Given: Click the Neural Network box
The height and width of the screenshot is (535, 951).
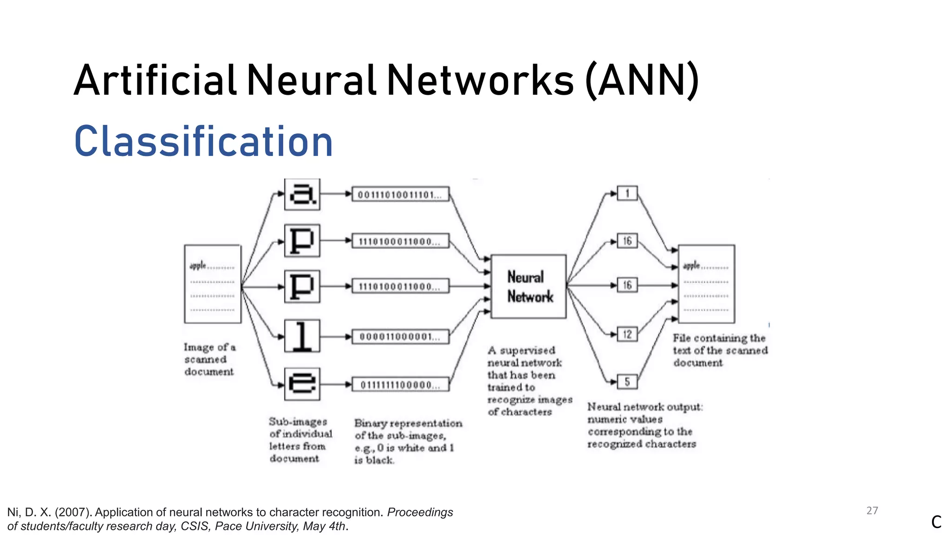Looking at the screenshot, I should tap(528, 286).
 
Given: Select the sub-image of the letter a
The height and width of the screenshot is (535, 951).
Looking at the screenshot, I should tap(302, 194).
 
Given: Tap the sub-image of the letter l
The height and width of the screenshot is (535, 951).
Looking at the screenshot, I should tap(302, 336).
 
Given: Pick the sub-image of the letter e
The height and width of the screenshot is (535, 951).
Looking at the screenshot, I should tap(302, 384).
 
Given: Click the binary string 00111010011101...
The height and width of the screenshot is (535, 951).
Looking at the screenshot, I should tap(400, 194).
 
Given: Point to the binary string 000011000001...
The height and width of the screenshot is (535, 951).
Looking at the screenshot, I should tap(400, 337).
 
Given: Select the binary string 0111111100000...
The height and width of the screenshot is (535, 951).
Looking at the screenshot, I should tap(400, 385).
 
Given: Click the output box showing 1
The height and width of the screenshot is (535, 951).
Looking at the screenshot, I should tap(627, 193).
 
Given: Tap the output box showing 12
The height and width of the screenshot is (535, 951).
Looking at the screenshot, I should tap(627, 334).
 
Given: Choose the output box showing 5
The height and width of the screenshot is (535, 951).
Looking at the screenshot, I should tap(627, 382).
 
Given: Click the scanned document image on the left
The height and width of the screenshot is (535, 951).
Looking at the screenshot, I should tap(213, 284).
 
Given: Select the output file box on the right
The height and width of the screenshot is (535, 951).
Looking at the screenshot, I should tap(706, 284).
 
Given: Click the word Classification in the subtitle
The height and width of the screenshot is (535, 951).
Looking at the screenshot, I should tap(203, 141).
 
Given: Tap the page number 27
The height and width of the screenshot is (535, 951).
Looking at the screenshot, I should tap(872, 511).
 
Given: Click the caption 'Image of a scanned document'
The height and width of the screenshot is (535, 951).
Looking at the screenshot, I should tap(209, 359).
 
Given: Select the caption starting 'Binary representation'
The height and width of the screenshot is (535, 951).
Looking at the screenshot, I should tap(408, 441).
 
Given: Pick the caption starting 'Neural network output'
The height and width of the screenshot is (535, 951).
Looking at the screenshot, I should tap(645, 425).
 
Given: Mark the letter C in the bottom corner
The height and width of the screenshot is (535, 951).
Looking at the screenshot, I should tap(936, 522).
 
